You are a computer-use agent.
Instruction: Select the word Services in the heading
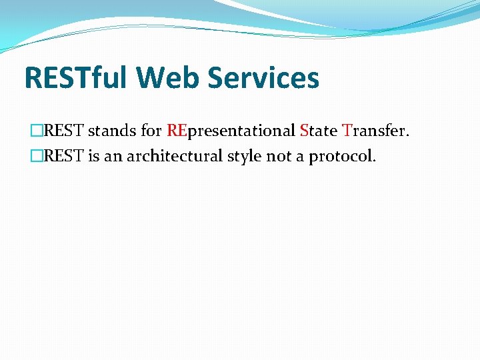point(264,77)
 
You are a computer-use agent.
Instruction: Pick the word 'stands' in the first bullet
point(113,131)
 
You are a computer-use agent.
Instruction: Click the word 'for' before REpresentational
point(151,131)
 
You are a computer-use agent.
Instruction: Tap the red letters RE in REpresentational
point(177,131)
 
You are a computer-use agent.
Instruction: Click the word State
point(319,131)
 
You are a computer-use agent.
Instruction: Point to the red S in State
point(305,131)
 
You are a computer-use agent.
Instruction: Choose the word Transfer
point(375,131)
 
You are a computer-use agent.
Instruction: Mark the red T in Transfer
point(347,131)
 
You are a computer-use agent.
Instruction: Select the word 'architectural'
point(174,157)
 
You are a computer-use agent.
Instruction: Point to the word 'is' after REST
point(95,157)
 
